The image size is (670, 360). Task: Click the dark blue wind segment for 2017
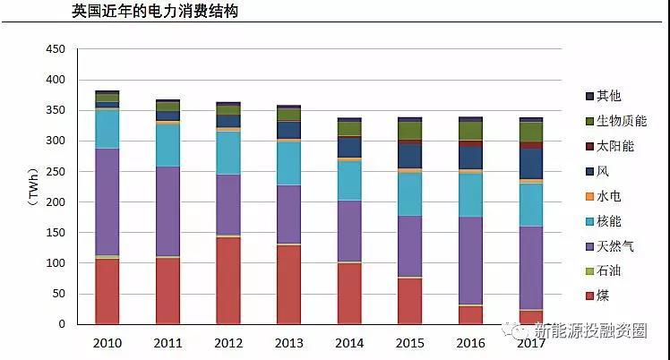[530, 164]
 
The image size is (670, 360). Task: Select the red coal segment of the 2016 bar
[469, 314]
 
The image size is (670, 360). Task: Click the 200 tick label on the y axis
[55, 202]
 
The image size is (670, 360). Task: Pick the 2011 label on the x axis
[167, 342]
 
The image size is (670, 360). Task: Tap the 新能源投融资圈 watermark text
[587, 330]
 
